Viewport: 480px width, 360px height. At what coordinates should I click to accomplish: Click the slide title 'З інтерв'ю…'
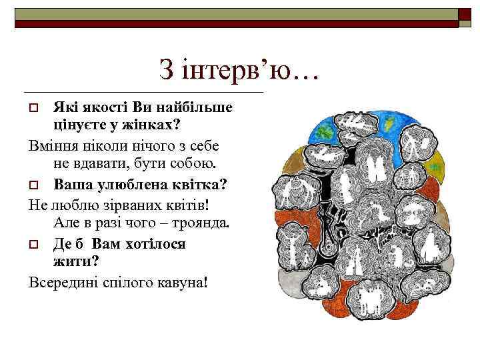(x=239, y=69)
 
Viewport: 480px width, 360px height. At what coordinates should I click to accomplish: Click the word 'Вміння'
(x=55, y=145)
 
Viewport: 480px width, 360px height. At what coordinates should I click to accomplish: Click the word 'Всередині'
(x=63, y=282)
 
